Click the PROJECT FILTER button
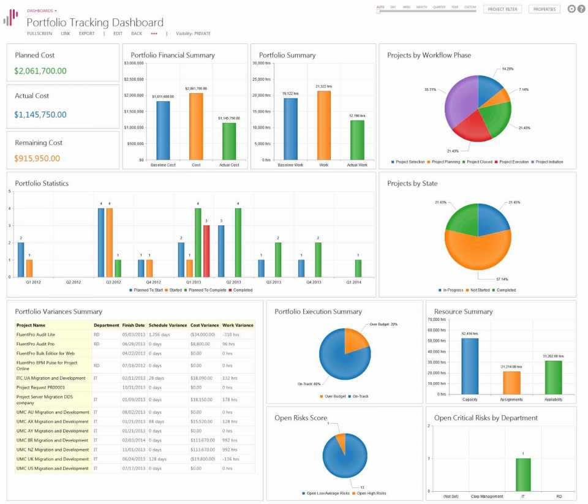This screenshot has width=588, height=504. (x=502, y=9)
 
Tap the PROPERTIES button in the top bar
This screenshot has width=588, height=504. (x=544, y=9)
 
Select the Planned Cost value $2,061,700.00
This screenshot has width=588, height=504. (x=40, y=71)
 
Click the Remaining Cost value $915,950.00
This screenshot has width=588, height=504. (x=37, y=158)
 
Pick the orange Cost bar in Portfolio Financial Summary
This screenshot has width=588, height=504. (x=195, y=126)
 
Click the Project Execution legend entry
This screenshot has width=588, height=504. (x=513, y=162)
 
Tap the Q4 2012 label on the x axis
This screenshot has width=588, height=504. (x=153, y=283)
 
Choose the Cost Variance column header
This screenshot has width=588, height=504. (x=205, y=325)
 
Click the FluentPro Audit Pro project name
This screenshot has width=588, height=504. (x=36, y=344)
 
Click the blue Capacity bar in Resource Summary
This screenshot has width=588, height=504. (x=470, y=366)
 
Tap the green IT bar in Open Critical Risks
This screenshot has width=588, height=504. (x=522, y=474)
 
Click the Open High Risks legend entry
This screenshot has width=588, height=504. (x=369, y=493)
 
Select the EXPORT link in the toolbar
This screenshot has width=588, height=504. (x=86, y=34)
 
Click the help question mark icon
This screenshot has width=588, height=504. (x=581, y=9)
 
